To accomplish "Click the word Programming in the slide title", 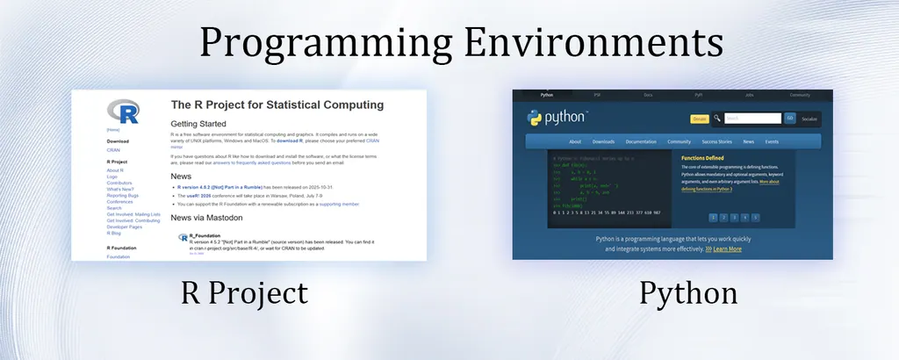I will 323,41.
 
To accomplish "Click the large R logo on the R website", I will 123,112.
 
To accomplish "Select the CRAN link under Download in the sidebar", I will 113,150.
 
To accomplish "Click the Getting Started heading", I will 198,124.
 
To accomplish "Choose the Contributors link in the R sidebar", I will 120,183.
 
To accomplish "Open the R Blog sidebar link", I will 114,234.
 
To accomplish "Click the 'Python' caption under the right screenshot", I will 687,292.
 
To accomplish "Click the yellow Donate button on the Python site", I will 700,119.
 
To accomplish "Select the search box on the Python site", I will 752,119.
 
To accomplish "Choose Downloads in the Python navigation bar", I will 603,141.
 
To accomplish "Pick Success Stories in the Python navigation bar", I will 716,141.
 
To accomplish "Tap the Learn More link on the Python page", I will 727,248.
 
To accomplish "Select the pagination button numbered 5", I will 755,217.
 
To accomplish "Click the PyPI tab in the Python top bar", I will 699,95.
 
